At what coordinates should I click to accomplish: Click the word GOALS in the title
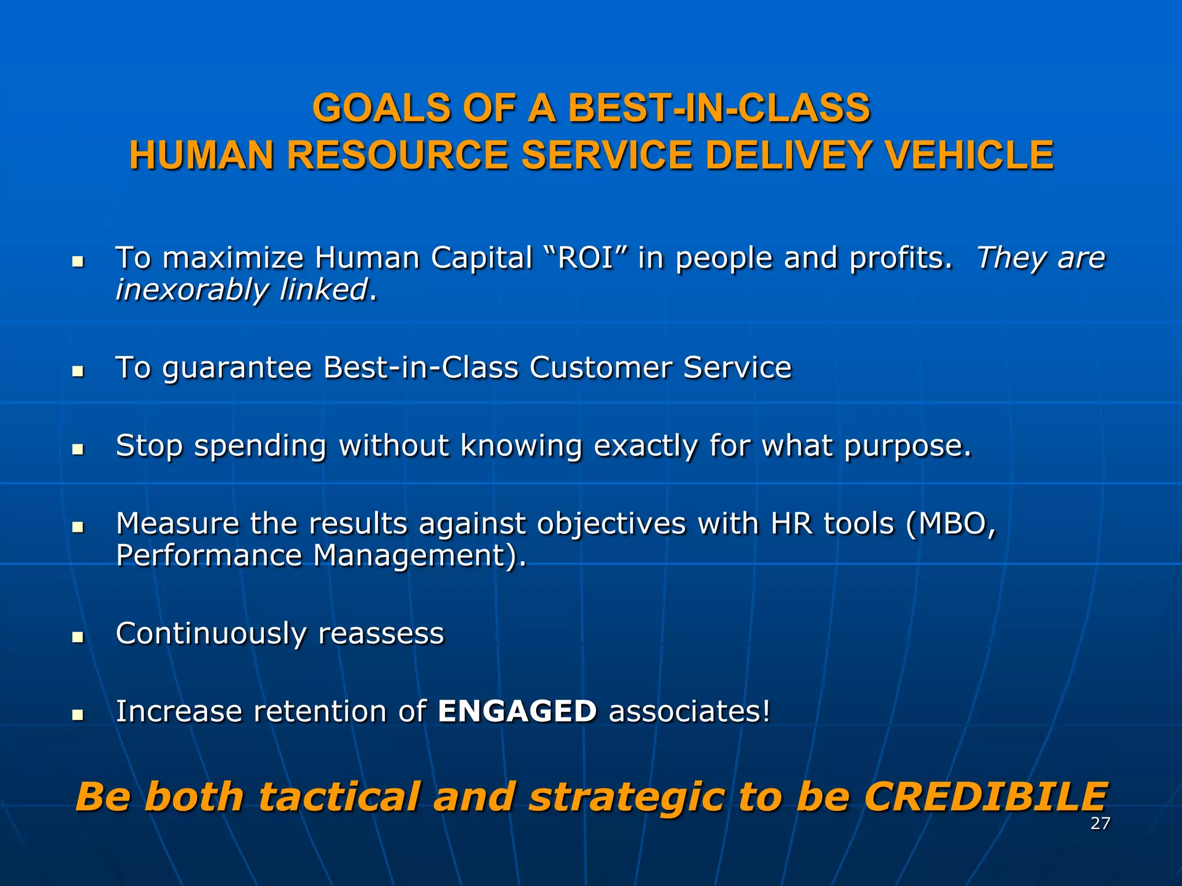click(381, 108)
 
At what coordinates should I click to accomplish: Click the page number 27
click(1100, 824)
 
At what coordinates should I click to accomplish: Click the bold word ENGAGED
click(517, 711)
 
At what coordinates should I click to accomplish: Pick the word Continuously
click(211, 633)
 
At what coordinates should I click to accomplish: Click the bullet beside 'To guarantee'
click(77, 371)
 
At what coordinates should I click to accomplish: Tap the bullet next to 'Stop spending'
click(77, 449)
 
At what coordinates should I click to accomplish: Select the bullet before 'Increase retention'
click(77, 715)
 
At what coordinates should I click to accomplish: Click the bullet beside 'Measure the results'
click(77, 527)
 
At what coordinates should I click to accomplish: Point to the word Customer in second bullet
click(600, 368)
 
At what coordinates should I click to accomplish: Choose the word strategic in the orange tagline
click(627, 797)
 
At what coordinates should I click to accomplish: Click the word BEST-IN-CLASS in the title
click(719, 108)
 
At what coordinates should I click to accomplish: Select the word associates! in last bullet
click(690, 711)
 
